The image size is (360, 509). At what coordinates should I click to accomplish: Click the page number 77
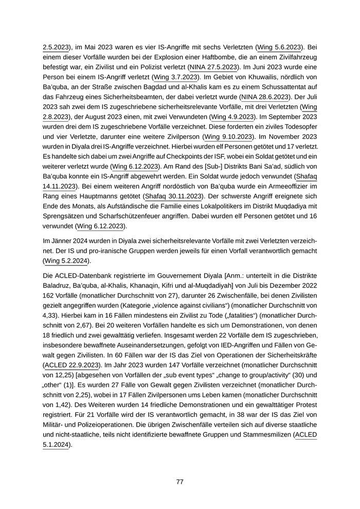(x=179, y=482)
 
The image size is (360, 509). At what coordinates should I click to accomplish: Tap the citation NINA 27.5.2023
(x=213, y=67)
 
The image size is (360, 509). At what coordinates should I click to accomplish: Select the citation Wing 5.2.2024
(x=66, y=261)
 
